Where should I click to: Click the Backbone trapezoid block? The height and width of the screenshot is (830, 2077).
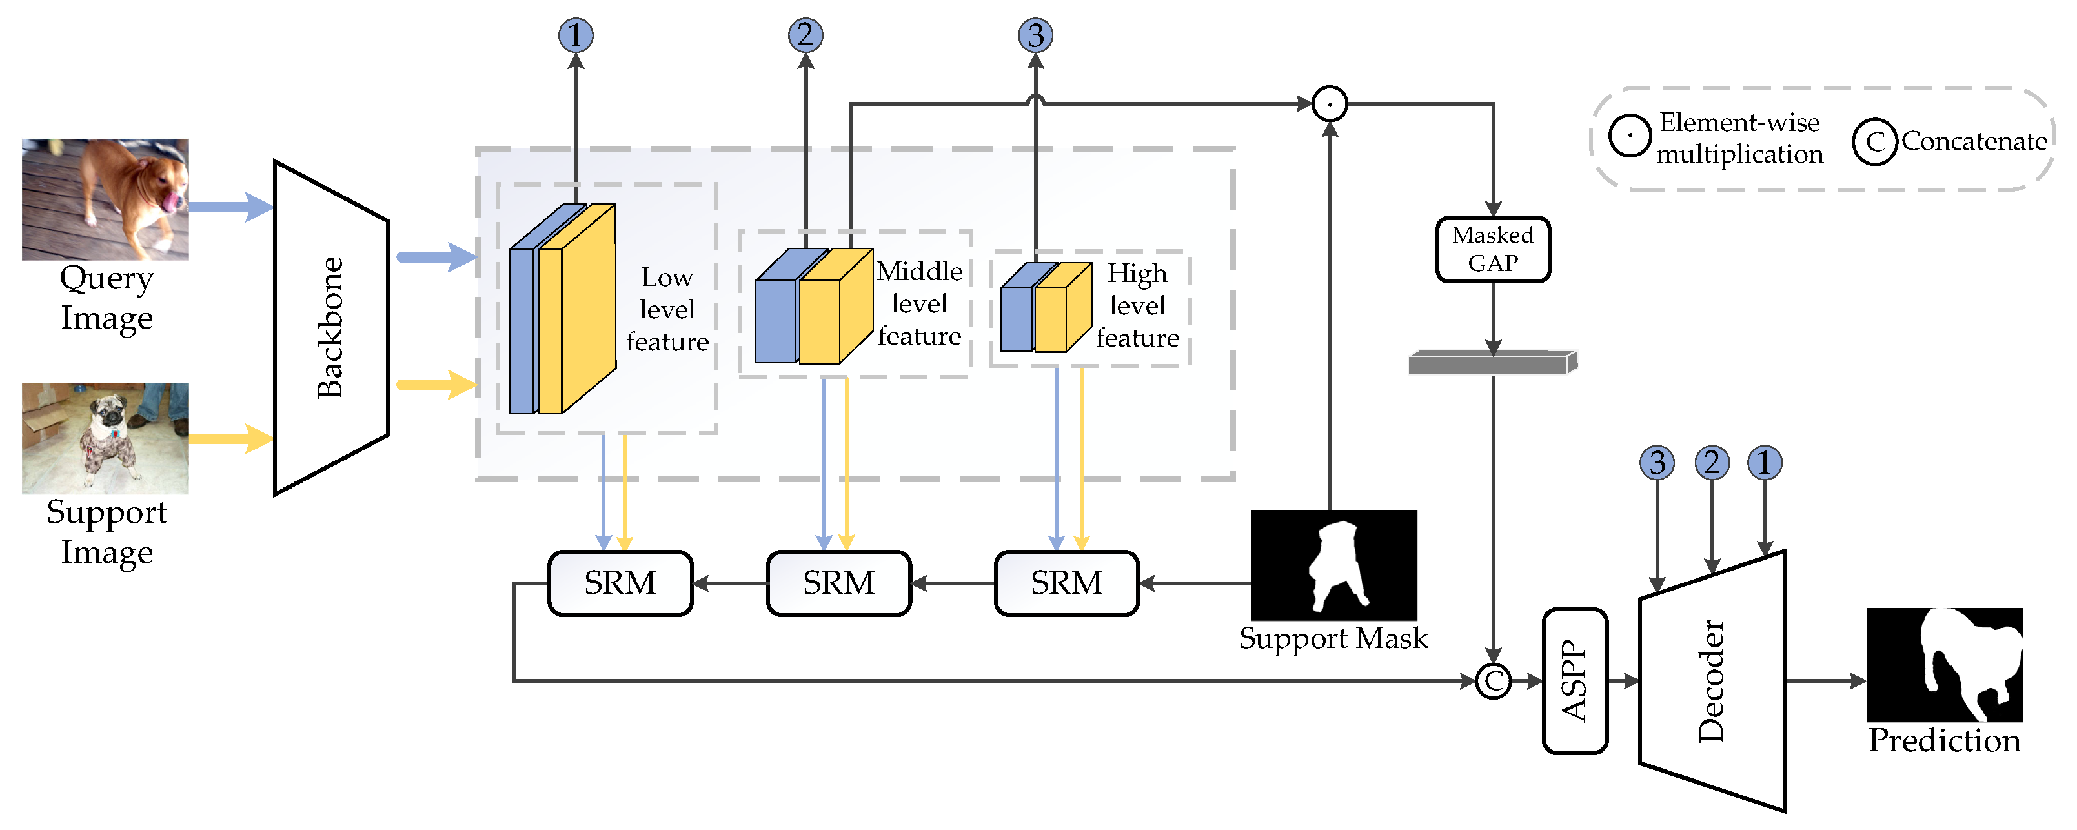pyautogui.click(x=330, y=327)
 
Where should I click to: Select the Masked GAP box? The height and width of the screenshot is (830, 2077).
pyautogui.click(x=1492, y=249)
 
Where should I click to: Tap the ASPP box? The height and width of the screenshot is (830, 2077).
pyautogui.click(x=1574, y=681)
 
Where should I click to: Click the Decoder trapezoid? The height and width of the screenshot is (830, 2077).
pyautogui.click(x=1711, y=681)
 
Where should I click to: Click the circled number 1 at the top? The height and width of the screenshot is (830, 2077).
pyautogui.click(x=575, y=35)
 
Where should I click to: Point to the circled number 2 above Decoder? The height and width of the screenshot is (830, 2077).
pyautogui.click(x=1711, y=463)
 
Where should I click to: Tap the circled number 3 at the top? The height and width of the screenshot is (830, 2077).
pyautogui.click(x=1035, y=35)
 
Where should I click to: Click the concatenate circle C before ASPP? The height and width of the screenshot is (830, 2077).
pyautogui.click(x=1492, y=681)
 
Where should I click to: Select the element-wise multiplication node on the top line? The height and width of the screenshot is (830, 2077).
pyautogui.click(x=1329, y=104)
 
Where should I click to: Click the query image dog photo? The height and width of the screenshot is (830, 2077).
pyautogui.click(x=105, y=199)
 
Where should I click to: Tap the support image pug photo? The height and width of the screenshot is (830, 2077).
pyautogui.click(x=105, y=438)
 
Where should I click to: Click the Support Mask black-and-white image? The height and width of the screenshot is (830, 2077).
pyautogui.click(x=1333, y=565)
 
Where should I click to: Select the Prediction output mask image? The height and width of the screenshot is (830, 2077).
pyautogui.click(x=1944, y=665)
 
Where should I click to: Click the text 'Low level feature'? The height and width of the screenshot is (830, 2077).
pyautogui.click(x=667, y=309)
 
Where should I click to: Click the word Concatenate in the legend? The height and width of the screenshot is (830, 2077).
pyautogui.click(x=1973, y=141)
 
